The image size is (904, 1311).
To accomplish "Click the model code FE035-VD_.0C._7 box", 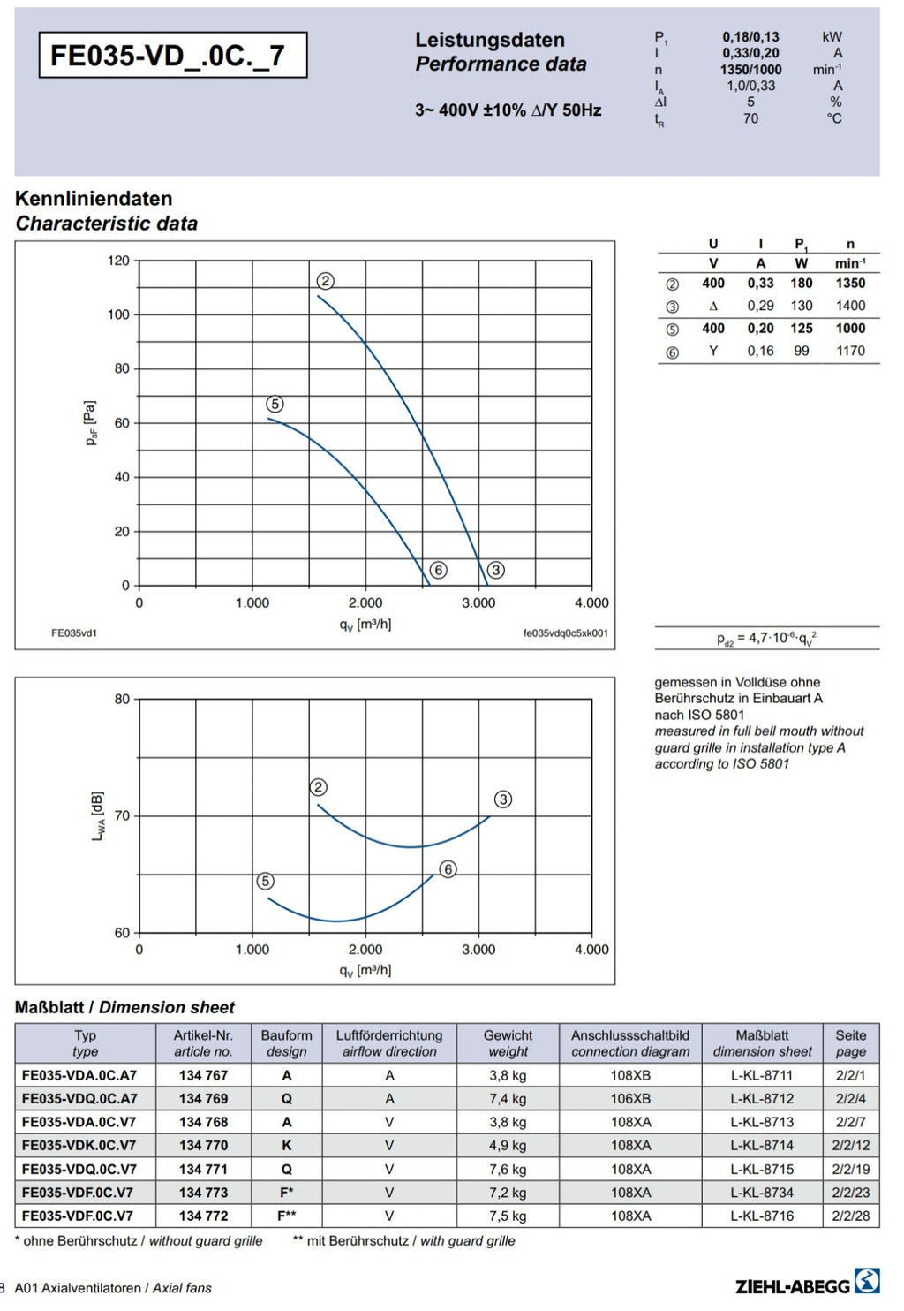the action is [x=172, y=55].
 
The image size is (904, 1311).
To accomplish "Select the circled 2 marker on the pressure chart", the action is [x=325, y=281].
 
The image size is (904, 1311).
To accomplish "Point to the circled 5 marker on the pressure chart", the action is [x=275, y=404].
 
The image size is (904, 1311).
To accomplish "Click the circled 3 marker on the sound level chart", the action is [x=503, y=799].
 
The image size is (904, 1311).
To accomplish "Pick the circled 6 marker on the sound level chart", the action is [x=448, y=869].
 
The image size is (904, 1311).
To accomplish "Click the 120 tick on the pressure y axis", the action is [x=118, y=261].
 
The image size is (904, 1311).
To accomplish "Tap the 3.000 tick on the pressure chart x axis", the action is [x=478, y=602].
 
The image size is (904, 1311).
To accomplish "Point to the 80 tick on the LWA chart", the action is [x=122, y=699].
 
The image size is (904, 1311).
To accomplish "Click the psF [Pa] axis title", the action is [x=90, y=422].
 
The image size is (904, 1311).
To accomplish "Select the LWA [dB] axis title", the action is [x=98, y=816].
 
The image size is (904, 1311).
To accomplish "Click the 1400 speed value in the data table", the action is [x=850, y=306].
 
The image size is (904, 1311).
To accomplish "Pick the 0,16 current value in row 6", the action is [x=760, y=351].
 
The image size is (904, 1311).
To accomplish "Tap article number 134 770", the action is [x=203, y=1145].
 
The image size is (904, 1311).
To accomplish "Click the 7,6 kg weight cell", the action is [x=508, y=1169].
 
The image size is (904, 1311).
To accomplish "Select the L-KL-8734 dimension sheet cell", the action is [x=762, y=1193].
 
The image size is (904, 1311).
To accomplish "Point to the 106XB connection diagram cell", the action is [x=630, y=1099].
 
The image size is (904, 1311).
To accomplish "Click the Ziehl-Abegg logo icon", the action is [x=867, y=1281].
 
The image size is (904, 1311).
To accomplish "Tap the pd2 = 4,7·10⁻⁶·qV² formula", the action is [x=766, y=638].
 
